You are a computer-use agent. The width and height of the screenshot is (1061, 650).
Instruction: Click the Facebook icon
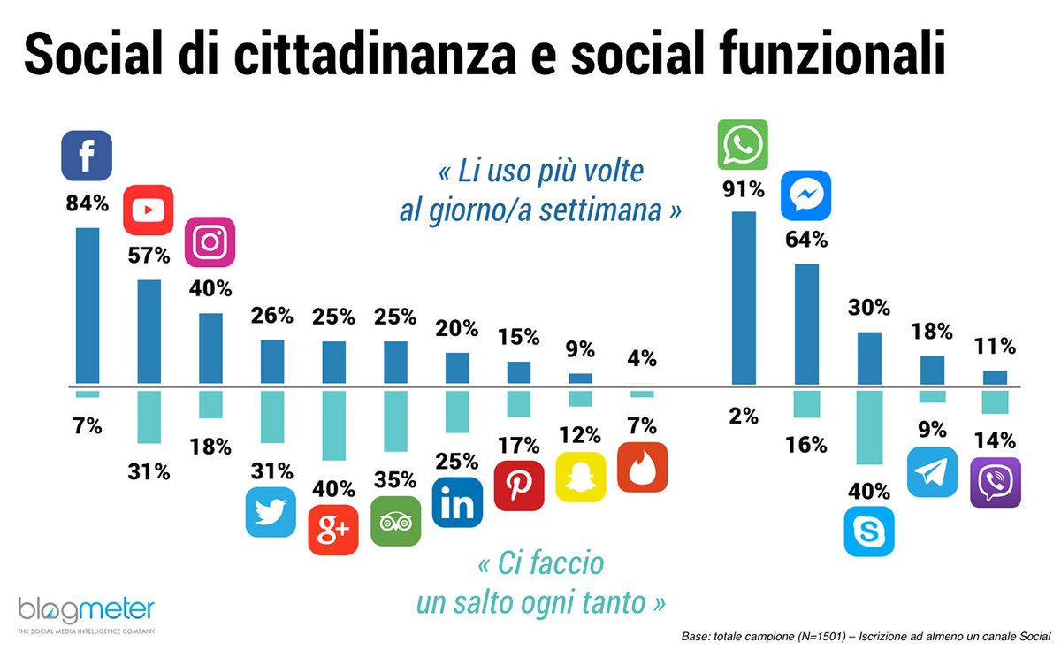click(87, 156)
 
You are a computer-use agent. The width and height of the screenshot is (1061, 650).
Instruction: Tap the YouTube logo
click(148, 210)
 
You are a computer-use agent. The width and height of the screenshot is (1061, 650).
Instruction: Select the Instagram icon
click(210, 241)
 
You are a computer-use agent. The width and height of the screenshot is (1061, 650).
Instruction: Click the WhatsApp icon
click(743, 144)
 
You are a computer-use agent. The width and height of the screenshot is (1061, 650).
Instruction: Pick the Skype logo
click(869, 531)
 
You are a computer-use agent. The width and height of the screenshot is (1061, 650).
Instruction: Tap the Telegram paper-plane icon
click(932, 471)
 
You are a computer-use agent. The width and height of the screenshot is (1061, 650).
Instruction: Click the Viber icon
click(995, 482)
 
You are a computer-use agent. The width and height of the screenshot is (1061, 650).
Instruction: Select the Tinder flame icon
click(642, 467)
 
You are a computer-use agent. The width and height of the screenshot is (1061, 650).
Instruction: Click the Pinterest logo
click(519, 486)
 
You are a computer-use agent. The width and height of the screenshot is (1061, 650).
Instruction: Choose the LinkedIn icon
click(457, 502)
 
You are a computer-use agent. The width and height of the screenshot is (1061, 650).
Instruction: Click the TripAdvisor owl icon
click(395, 520)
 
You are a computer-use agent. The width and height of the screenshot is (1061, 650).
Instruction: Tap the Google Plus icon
click(333, 530)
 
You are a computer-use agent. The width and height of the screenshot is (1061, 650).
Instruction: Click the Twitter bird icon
click(271, 512)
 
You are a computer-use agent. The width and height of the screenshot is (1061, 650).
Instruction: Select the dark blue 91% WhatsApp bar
click(744, 298)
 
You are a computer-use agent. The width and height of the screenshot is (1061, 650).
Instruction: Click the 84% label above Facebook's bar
click(87, 203)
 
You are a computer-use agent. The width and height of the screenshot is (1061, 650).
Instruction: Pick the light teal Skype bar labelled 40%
click(869, 427)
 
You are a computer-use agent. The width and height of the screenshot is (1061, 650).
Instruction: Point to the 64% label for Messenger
click(805, 239)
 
